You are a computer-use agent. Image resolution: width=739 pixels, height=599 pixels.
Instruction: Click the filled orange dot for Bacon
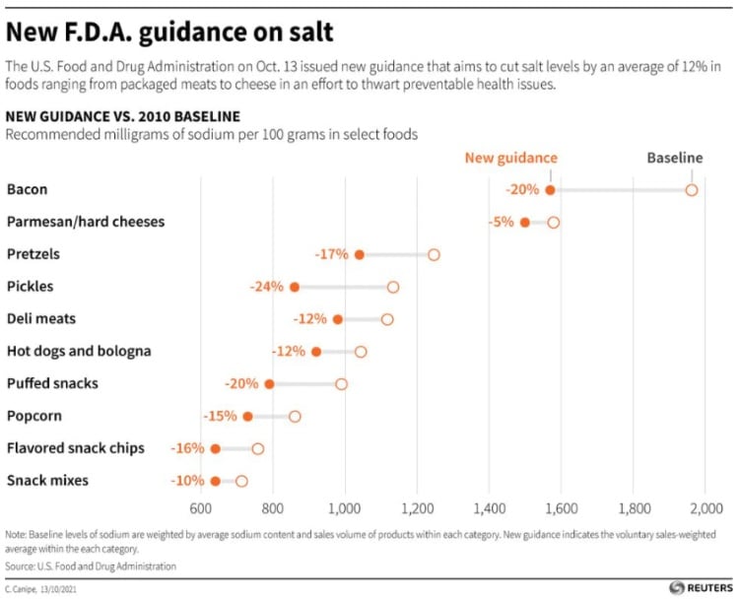[550, 190]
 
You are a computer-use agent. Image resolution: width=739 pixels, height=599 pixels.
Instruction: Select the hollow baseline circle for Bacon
[692, 190]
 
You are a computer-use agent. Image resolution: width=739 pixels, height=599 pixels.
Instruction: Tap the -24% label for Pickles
[266, 287]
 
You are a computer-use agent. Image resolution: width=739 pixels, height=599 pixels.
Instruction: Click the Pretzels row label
[34, 254]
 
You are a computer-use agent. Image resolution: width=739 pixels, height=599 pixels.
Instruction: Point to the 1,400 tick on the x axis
[490, 508]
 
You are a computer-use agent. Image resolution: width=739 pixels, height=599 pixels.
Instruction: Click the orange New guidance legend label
[510, 158]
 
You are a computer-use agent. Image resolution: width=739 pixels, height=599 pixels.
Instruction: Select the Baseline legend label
[675, 158]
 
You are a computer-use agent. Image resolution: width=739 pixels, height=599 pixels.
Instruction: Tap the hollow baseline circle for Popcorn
[295, 417]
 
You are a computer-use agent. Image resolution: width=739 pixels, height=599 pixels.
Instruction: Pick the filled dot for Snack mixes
[216, 481]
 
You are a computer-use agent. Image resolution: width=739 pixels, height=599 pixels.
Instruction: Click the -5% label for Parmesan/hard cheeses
[501, 223]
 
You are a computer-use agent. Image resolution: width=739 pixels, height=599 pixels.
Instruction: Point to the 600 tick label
[201, 508]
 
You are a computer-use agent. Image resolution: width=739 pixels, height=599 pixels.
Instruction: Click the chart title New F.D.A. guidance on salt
[169, 32]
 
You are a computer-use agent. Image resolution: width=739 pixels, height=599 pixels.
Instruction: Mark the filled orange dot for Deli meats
[338, 319]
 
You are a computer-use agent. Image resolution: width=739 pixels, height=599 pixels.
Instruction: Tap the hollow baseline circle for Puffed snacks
[341, 384]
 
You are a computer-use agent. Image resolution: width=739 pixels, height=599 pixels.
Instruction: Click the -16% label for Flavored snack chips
[188, 448]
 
